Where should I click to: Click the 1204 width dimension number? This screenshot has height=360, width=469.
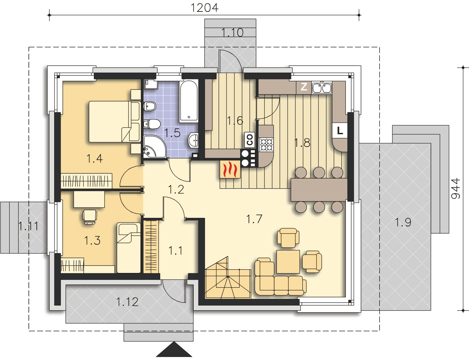pos(204,8)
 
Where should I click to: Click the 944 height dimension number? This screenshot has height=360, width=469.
pos(456,188)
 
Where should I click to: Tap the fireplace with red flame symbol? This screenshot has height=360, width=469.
pos(230,169)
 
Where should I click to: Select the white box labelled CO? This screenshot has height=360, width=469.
pos(250,140)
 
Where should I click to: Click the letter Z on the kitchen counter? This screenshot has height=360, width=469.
pos(304,87)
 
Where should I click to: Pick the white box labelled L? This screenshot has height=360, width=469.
pos(340,131)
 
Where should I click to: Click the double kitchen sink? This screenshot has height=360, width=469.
pos(322,88)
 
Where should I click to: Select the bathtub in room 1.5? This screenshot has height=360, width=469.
pos(189,101)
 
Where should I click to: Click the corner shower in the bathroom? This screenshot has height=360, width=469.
pos(154,147)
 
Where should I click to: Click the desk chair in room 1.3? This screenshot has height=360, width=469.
pos(90,217)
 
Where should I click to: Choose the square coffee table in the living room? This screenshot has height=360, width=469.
pos(288,262)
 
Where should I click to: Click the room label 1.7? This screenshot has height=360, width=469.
pos(254,219)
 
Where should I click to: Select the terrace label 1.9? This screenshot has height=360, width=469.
pos(403,222)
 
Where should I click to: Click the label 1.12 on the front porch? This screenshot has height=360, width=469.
pos(127,302)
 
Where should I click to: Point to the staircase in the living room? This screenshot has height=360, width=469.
pos(228,278)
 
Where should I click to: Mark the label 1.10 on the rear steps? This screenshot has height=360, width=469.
pos(232,33)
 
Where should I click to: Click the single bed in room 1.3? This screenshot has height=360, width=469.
pos(129,248)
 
